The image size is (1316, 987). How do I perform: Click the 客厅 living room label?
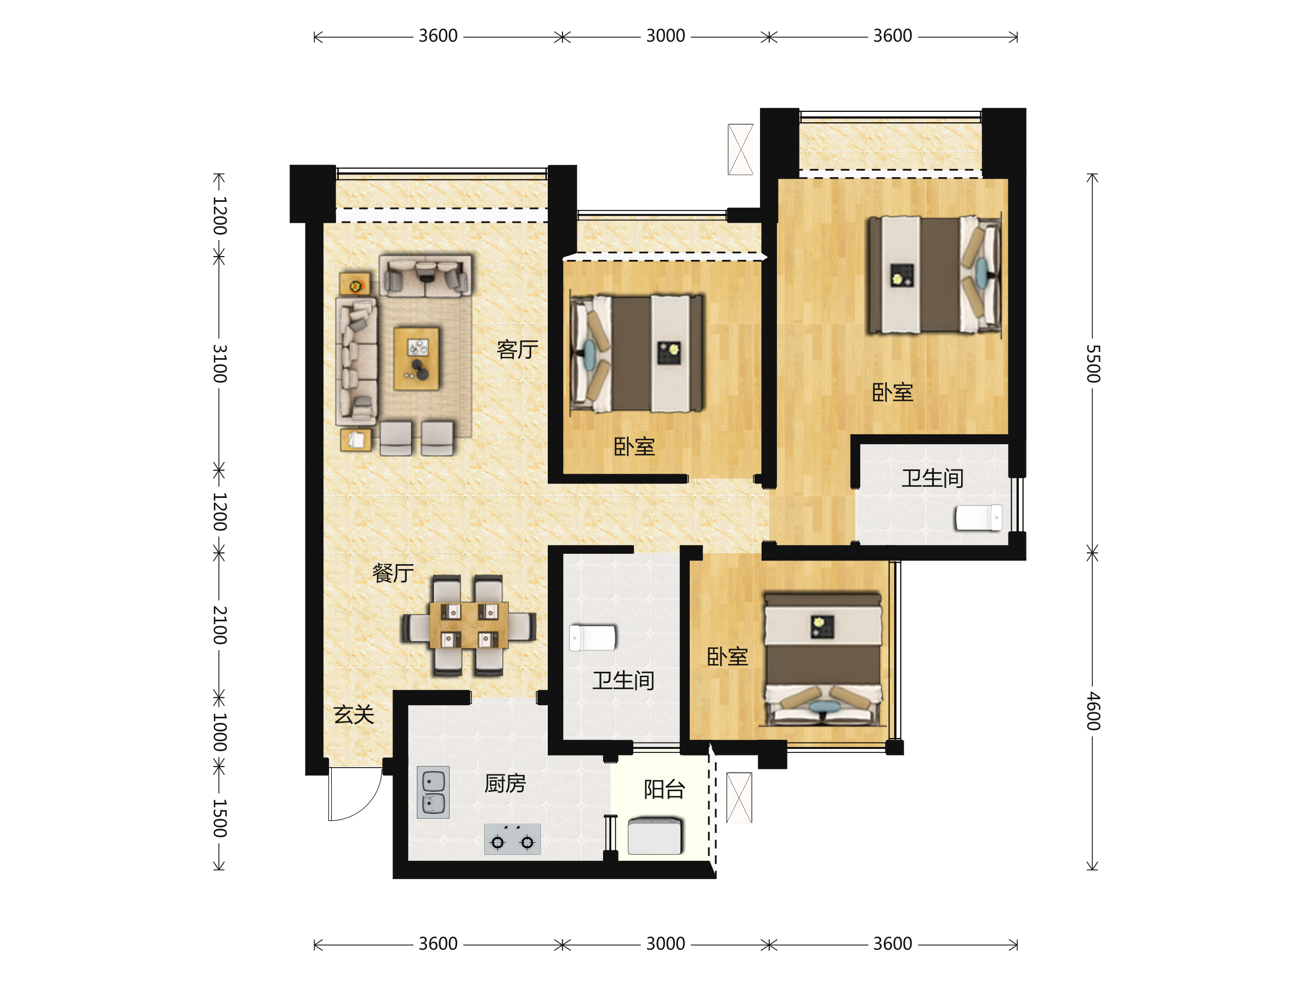[x=517, y=349]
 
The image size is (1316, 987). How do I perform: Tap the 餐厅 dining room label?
[x=393, y=573]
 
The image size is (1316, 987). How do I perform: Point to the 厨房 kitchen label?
[x=505, y=784]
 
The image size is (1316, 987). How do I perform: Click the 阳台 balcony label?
[x=665, y=790]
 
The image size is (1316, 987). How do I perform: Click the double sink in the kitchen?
[x=433, y=792]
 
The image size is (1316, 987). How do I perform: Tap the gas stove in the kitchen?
[x=512, y=839]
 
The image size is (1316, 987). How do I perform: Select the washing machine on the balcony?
[x=654, y=836]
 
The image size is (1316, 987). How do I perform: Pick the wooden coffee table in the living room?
[x=416, y=358]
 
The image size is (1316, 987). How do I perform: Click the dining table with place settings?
[x=469, y=625]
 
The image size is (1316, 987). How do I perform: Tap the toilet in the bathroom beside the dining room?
[x=592, y=638]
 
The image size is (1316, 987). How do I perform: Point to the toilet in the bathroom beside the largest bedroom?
[x=979, y=518]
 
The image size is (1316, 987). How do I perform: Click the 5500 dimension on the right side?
[x=1093, y=364]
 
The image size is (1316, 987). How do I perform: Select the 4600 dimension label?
[x=1093, y=711]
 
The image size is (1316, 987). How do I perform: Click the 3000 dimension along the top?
[x=666, y=36]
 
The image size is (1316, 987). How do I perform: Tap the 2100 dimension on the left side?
[x=220, y=625]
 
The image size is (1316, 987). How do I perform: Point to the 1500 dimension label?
[x=220, y=818]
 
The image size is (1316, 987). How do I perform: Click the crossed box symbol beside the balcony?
[x=739, y=797]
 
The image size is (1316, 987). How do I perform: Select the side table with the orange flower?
[x=355, y=285]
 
